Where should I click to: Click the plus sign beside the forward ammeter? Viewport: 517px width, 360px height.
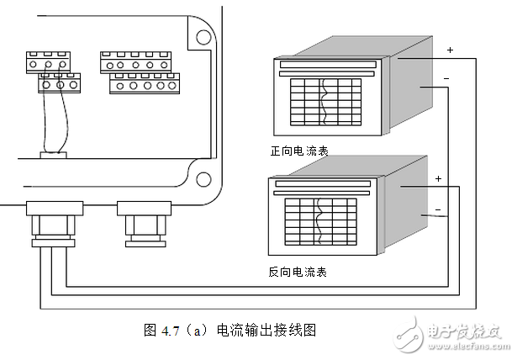pyautogui.click(x=449, y=50)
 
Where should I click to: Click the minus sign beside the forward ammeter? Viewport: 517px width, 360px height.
pyautogui.click(x=446, y=79)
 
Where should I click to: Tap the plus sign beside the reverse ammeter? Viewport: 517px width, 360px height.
pyautogui.click(x=437, y=178)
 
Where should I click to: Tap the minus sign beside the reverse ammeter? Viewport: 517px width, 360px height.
pyautogui.click(x=437, y=209)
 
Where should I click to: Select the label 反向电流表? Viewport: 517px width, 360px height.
pyautogui.click(x=298, y=273)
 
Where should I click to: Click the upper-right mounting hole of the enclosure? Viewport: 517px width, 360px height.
pyautogui.click(x=203, y=38)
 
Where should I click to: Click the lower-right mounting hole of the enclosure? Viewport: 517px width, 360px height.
pyautogui.click(x=203, y=178)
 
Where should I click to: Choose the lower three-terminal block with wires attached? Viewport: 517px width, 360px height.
pyautogui.click(x=59, y=83)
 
